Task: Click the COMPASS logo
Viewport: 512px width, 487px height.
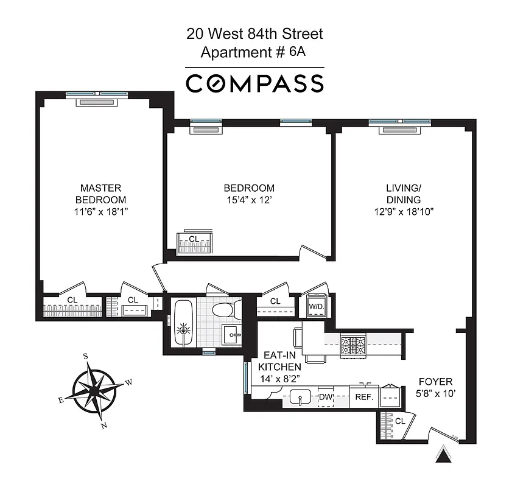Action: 254,83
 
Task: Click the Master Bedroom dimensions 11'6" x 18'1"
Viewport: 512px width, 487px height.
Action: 100,212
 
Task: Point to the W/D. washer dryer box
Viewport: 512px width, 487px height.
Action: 316,306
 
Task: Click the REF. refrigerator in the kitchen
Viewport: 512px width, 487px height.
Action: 363,397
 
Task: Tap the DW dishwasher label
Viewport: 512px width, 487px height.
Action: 326,397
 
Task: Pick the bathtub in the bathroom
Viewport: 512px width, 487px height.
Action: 183,323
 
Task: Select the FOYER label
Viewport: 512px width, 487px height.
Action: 435,382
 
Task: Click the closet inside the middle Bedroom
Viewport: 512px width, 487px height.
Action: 195,243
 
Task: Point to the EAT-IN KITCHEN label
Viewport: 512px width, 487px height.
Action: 279,362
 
